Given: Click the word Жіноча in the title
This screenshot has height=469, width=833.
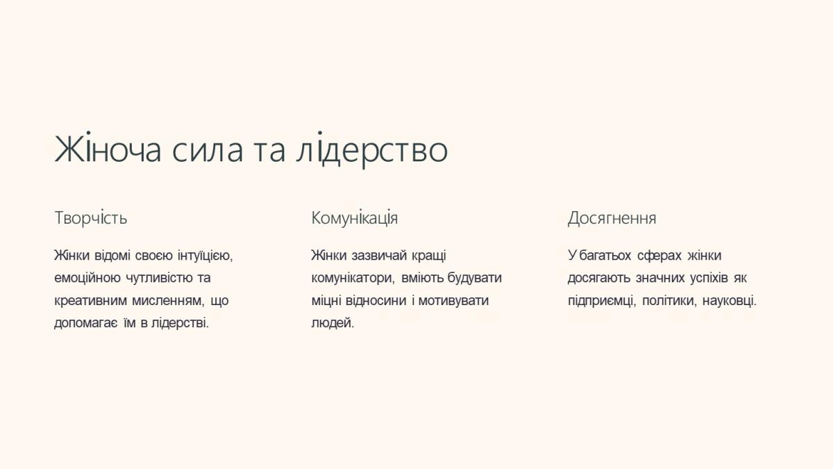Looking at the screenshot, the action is [108, 149].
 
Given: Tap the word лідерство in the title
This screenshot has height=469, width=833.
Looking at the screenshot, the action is [372, 150].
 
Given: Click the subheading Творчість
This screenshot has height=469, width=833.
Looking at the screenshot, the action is [91, 217].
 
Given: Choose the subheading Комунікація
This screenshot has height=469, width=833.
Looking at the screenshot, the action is [355, 217].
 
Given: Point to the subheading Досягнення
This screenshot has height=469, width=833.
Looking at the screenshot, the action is [612, 218].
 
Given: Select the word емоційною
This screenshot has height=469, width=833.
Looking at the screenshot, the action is [87, 279].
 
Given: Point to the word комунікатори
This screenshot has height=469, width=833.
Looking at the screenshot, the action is [353, 279].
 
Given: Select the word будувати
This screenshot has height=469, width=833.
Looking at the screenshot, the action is [475, 278].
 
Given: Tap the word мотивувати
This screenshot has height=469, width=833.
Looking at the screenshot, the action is [453, 301].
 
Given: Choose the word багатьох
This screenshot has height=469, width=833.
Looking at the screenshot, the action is [605, 256].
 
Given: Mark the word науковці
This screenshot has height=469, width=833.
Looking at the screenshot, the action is [730, 301].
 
